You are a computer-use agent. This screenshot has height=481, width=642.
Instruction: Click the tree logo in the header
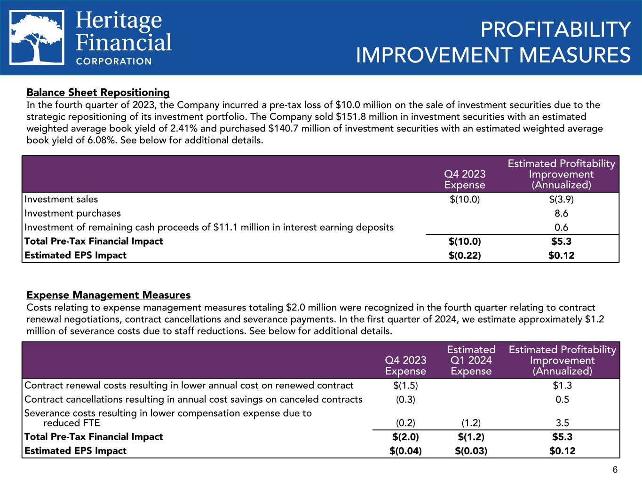click(x=37, y=38)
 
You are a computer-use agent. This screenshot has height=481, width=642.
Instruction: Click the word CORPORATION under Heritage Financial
click(x=114, y=61)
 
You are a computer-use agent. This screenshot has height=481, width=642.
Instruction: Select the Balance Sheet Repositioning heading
click(x=98, y=92)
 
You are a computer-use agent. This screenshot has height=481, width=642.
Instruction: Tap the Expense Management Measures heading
click(x=109, y=295)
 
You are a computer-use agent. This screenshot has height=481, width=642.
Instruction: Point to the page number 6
click(x=614, y=470)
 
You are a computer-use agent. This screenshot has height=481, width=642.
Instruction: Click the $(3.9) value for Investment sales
click(x=561, y=199)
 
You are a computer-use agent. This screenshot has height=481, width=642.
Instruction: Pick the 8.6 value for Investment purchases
click(x=561, y=213)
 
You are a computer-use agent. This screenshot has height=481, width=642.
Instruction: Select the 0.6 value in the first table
click(x=561, y=227)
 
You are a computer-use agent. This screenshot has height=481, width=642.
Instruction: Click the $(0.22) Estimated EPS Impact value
click(x=465, y=256)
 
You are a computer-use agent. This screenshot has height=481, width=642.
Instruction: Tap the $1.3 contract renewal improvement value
click(x=562, y=386)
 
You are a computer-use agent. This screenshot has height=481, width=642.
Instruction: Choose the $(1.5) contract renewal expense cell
click(x=405, y=386)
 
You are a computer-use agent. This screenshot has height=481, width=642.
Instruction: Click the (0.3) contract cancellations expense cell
click(x=405, y=400)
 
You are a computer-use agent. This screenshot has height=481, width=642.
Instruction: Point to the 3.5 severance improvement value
click(x=563, y=422)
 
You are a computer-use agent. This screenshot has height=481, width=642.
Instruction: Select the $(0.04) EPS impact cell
click(x=405, y=451)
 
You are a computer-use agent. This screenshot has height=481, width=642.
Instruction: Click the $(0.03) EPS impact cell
click(x=471, y=451)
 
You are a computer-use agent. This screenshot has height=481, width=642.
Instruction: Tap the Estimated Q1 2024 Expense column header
click(x=471, y=360)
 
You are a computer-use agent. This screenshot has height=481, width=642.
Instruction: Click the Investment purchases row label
click(x=72, y=213)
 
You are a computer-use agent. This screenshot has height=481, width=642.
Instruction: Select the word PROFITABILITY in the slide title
click(x=555, y=31)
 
